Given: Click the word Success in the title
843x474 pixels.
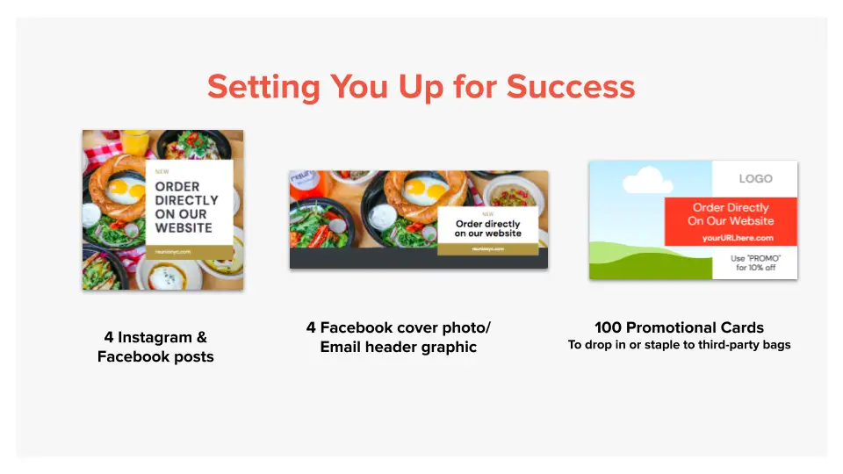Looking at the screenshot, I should [571, 87].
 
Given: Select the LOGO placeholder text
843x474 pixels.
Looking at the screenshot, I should [755, 178].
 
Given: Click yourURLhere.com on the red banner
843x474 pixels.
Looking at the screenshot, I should [738, 238].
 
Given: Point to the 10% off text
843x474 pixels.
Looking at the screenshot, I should [756, 268].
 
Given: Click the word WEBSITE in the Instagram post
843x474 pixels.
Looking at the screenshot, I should [184, 228].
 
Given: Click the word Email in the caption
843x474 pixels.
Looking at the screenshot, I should [342, 347].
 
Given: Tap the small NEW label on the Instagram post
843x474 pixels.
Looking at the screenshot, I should [162, 171].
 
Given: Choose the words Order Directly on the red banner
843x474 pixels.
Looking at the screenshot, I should [731, 208].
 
